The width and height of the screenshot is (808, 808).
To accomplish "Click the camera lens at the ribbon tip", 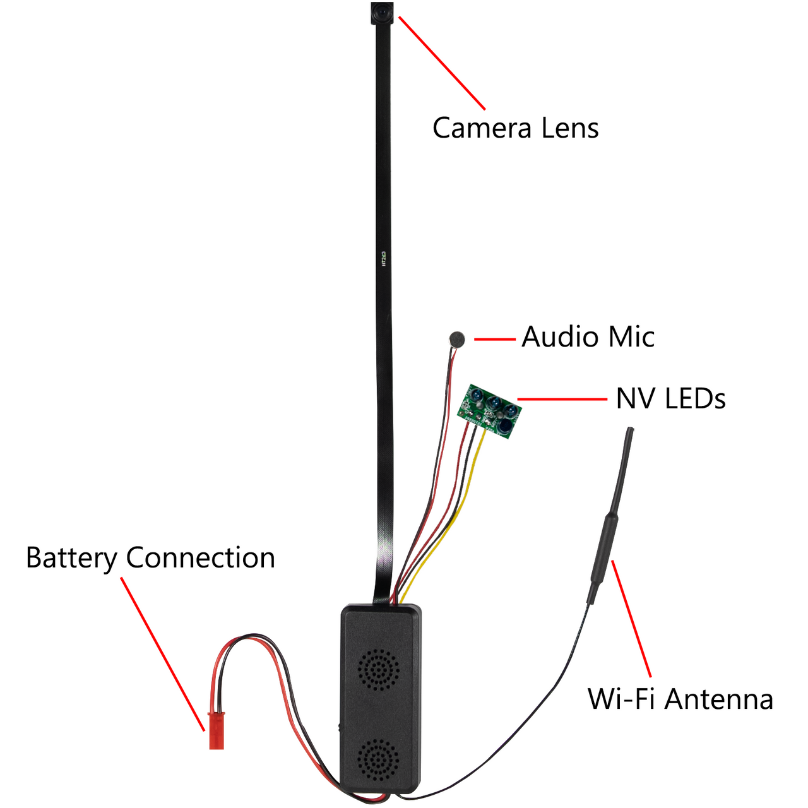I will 381,11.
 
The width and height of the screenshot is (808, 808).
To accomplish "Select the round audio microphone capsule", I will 457,339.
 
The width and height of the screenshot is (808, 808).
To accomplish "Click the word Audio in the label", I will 560,337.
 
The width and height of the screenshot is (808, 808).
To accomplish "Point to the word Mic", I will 631,337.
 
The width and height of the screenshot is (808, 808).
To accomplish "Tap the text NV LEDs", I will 670,399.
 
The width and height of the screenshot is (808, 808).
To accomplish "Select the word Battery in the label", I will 71,558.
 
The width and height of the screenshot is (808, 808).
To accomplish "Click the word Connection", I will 200,558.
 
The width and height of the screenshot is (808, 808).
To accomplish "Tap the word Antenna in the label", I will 719,699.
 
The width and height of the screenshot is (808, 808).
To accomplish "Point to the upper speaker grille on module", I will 379,669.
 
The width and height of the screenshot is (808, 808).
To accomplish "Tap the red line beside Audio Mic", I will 495,339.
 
